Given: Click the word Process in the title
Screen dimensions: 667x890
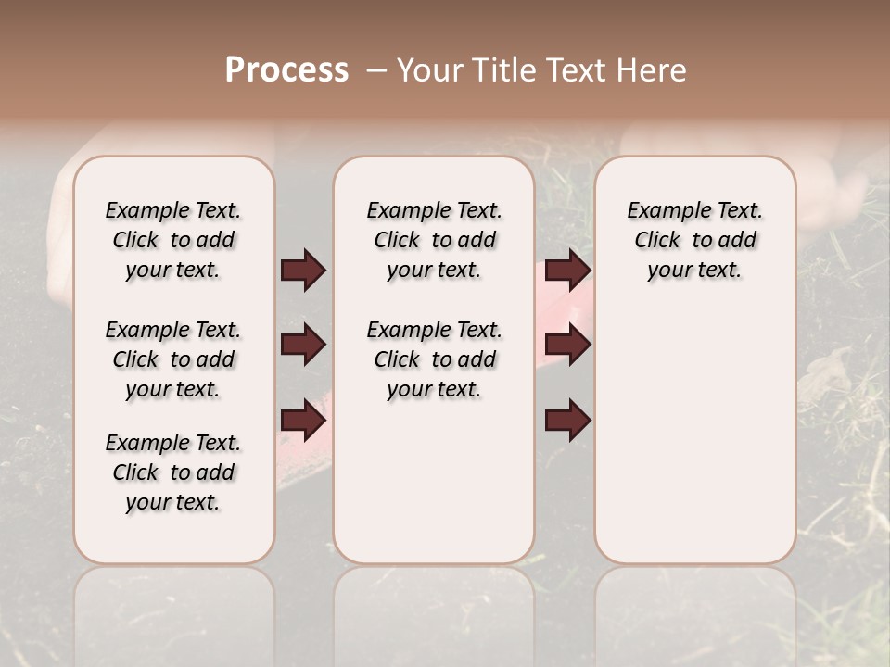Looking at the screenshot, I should click(x=286, y=69).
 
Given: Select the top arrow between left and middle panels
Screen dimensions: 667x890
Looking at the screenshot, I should click(x=303, y=271).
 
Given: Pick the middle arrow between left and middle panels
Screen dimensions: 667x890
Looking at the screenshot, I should click(x=303, y=346).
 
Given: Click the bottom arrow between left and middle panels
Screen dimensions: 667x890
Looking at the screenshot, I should click(x=303, y=422).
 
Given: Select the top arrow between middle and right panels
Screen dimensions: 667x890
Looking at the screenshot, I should click(x=567, y=271).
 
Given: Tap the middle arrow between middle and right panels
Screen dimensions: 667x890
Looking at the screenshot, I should click(x=567, y=346).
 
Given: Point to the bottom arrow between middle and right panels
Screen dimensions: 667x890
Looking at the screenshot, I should click(x=567, y=422).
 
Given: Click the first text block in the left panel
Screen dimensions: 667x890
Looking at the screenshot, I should click(x=173, y=240).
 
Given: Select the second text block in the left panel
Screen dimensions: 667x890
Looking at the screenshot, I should click(x=173, y=359).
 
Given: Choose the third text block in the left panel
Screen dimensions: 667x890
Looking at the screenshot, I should click(x=173, y=472).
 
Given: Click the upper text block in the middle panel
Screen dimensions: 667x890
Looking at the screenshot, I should click(x=434, y=240).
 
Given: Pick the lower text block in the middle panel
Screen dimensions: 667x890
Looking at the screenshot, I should click(x=434, y=359).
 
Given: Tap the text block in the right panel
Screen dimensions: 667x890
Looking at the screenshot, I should click(x=694, y=240).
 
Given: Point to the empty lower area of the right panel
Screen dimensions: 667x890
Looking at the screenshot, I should click(x=694, y=435).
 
